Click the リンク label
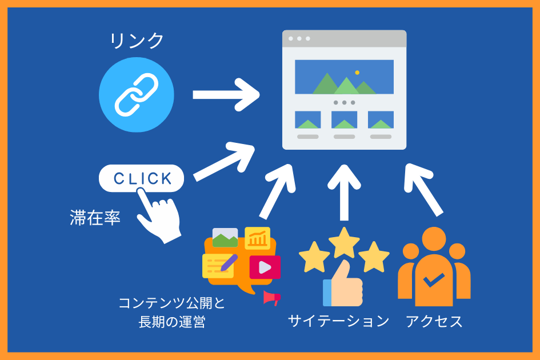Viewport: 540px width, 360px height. click(x=137, y=41)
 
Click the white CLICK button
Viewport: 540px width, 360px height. click(x=142, y=178)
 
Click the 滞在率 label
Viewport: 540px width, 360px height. click(x=95, y=218)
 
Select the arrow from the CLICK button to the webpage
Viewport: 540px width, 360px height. click(x=224, y=162)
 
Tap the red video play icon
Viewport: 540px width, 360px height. click(x=265, y=267)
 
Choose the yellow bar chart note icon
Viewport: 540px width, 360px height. click(x=257, y=238)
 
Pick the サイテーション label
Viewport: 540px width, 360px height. click(x=338, y=321)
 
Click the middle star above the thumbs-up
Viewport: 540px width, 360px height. click(x=344, y=242)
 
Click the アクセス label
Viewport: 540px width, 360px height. click(x=434, y=321)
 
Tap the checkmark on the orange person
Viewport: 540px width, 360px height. click(x=434, y=280)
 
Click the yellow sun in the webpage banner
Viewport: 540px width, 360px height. click(x=357, y=73)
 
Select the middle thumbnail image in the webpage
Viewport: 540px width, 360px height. click(x=344, y=120)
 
